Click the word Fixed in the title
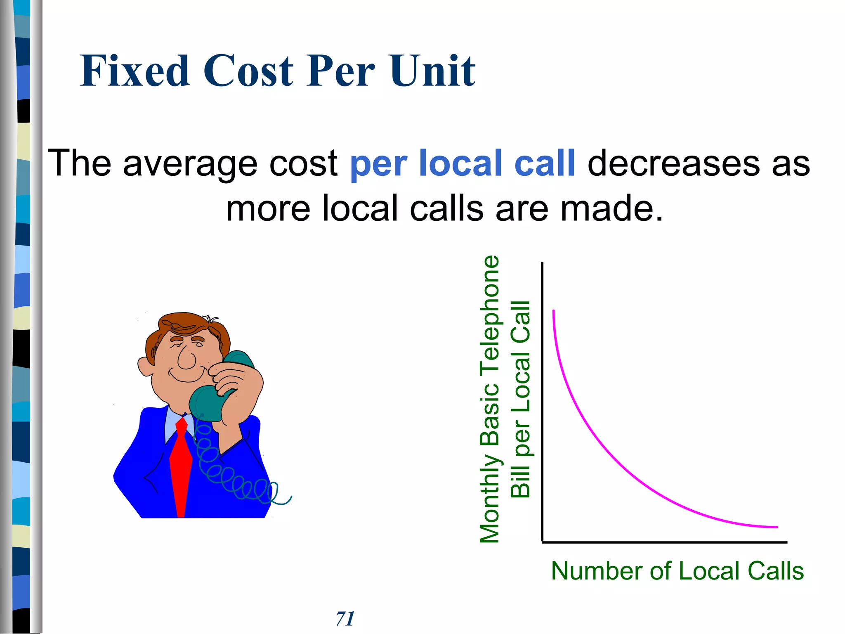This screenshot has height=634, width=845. (x=135, y=71)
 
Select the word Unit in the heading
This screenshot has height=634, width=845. (x=433, y=71)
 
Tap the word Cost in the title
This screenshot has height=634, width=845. (x=248, y=71)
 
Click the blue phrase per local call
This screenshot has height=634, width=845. (x=462, y=164)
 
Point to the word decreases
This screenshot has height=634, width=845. (x=673, y=164)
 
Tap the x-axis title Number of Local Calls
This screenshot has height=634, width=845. (x=677, y=571)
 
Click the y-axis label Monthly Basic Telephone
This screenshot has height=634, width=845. (x=490, y=399)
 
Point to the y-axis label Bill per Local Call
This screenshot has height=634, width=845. (x=520, y=399)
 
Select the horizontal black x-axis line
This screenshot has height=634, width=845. (x=664, y=542)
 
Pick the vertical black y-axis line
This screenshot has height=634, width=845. (x=542, y=400)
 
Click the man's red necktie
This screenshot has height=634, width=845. (x=181, y=466)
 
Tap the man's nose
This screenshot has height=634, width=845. (x=186, y=358)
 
